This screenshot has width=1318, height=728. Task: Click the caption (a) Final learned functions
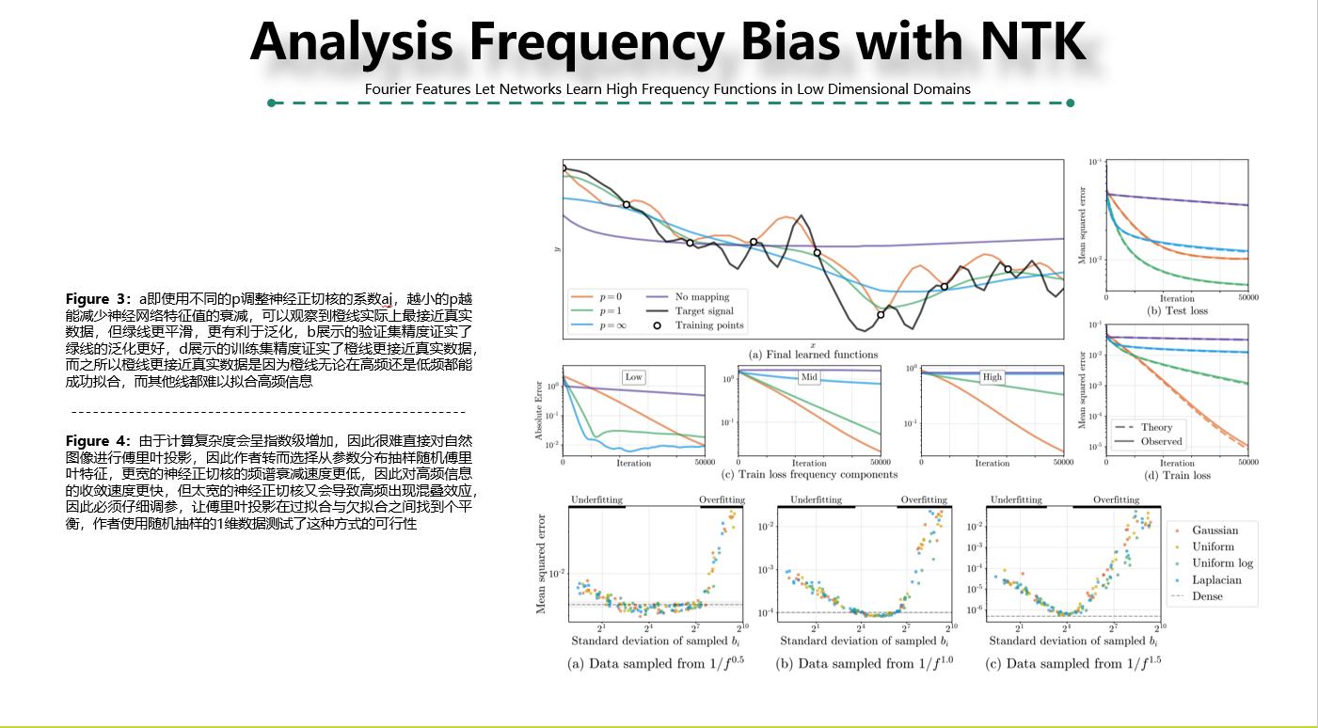click(x=813, y=355)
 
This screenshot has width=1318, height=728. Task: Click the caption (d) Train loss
click(x=1177, y=475)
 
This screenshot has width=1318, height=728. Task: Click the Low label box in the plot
click(x=633, y=377)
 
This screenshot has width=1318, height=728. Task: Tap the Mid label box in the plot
click(x=808, y=377)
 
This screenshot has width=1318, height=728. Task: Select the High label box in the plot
click(x=992, y=377)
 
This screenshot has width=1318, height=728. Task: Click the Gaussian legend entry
click(x=1215, y=530)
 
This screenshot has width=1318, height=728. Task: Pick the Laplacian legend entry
click(x=1216, y=579)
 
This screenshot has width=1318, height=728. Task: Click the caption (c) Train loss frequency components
click(x=808, y=475)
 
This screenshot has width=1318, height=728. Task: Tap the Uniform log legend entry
click(x=1221, y=563)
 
